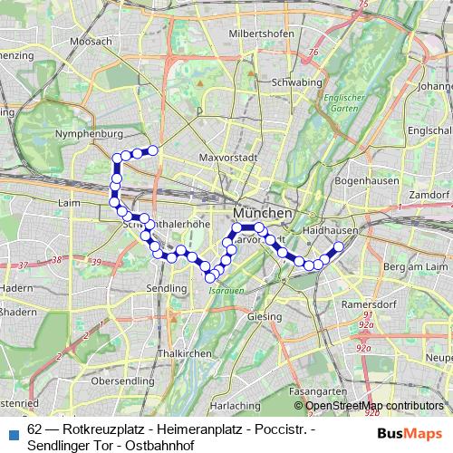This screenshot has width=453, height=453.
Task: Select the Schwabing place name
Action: click(297, 82)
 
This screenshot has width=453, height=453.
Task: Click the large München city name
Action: click(263, 213)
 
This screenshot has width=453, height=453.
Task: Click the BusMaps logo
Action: click(410, 433)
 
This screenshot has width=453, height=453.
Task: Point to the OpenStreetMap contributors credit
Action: click(373, 405)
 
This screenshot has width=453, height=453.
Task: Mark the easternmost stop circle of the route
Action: click(340, 246)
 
